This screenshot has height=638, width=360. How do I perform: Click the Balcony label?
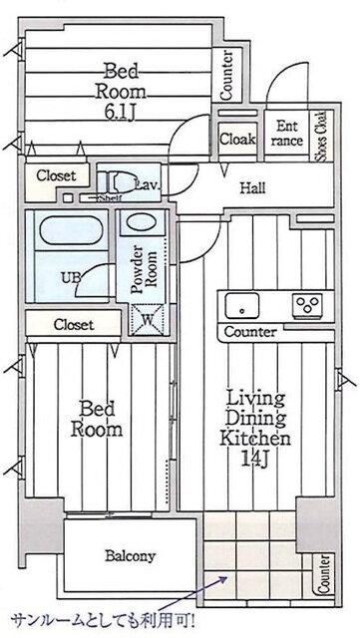point(130,556)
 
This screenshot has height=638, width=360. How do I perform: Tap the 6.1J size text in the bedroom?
point(120,113)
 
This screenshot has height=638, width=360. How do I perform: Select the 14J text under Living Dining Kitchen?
point(255,459)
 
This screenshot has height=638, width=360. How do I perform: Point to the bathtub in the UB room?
point(71,230)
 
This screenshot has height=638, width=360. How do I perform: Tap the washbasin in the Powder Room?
point(140,222)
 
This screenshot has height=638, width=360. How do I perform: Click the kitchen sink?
point(242,305)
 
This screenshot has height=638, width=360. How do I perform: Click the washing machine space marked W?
point(147,319)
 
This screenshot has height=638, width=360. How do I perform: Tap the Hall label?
point(252,188)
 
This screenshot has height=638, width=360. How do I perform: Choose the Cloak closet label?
point(237,140)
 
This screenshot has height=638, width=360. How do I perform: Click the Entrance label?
point(286,133)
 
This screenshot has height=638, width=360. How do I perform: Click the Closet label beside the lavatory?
point(56,175)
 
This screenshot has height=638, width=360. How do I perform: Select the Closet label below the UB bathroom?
point(74,324)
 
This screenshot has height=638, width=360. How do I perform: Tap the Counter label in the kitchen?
point(250,332)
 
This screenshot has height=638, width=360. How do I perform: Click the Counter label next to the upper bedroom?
point(226,76)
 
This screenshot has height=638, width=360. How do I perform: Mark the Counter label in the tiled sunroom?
point(323,574)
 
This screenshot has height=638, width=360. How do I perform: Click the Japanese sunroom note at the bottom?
point(103,621)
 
